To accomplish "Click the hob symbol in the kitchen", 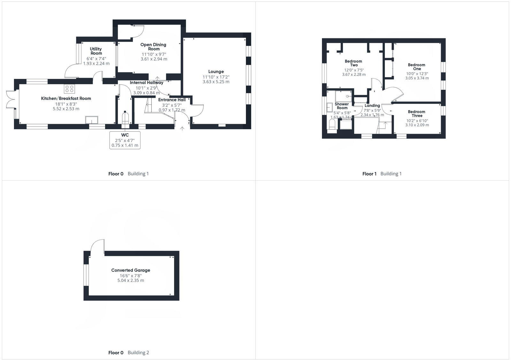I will (x=69, y=88).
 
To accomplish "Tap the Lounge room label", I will (x=216, y=71).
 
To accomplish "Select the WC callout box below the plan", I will (x=125, y=140).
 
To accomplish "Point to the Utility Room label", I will (x=96, y=51).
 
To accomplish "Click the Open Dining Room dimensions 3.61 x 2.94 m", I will (x=154, y=59).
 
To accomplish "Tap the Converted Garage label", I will (x=131, y=270).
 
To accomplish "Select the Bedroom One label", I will (x=417, y=67).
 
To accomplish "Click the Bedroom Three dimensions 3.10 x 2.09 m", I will (x=417, y=125).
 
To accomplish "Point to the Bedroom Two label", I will (x=354, y=63).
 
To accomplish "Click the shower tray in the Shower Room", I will (x=343, y=96).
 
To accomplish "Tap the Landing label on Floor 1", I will (x=372, y=106).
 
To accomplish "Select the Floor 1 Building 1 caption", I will (x=382, y=174).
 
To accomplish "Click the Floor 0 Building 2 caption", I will (x=128, y=353).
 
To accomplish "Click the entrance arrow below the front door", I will (x=182, y=129).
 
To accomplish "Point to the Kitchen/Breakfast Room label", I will (x=66, y=98).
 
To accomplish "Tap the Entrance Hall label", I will (x=172, y=100).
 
